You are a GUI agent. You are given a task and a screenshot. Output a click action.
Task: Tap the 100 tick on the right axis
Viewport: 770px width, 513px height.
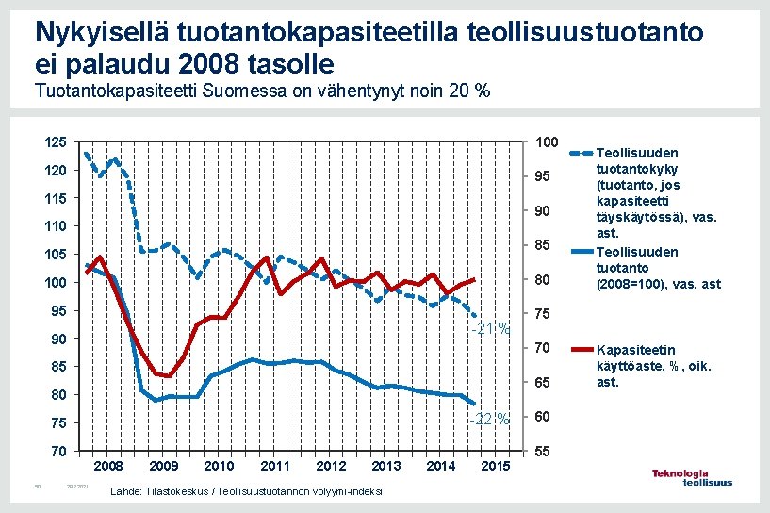pyautogui.click(x=547, y=142)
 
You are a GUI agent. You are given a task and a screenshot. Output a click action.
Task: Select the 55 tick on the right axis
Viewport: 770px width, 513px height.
pyautogui.click(x=543, y=453)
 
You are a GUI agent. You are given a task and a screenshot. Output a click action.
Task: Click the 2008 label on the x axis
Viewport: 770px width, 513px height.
pyautogui.click(x=108, y=466)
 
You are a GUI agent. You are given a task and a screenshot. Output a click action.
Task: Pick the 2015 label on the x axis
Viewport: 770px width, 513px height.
pyautogui.click(x=496, y=466)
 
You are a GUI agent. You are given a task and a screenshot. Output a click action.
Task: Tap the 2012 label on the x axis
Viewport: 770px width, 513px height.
pyautogui.click(x=331, y=466)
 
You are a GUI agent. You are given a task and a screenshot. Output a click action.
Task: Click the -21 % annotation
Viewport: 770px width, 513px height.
pyautogui.click(x=492, y=329)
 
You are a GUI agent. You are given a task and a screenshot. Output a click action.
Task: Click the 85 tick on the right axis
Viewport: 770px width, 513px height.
pyautogui.click(x=543, y=246)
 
